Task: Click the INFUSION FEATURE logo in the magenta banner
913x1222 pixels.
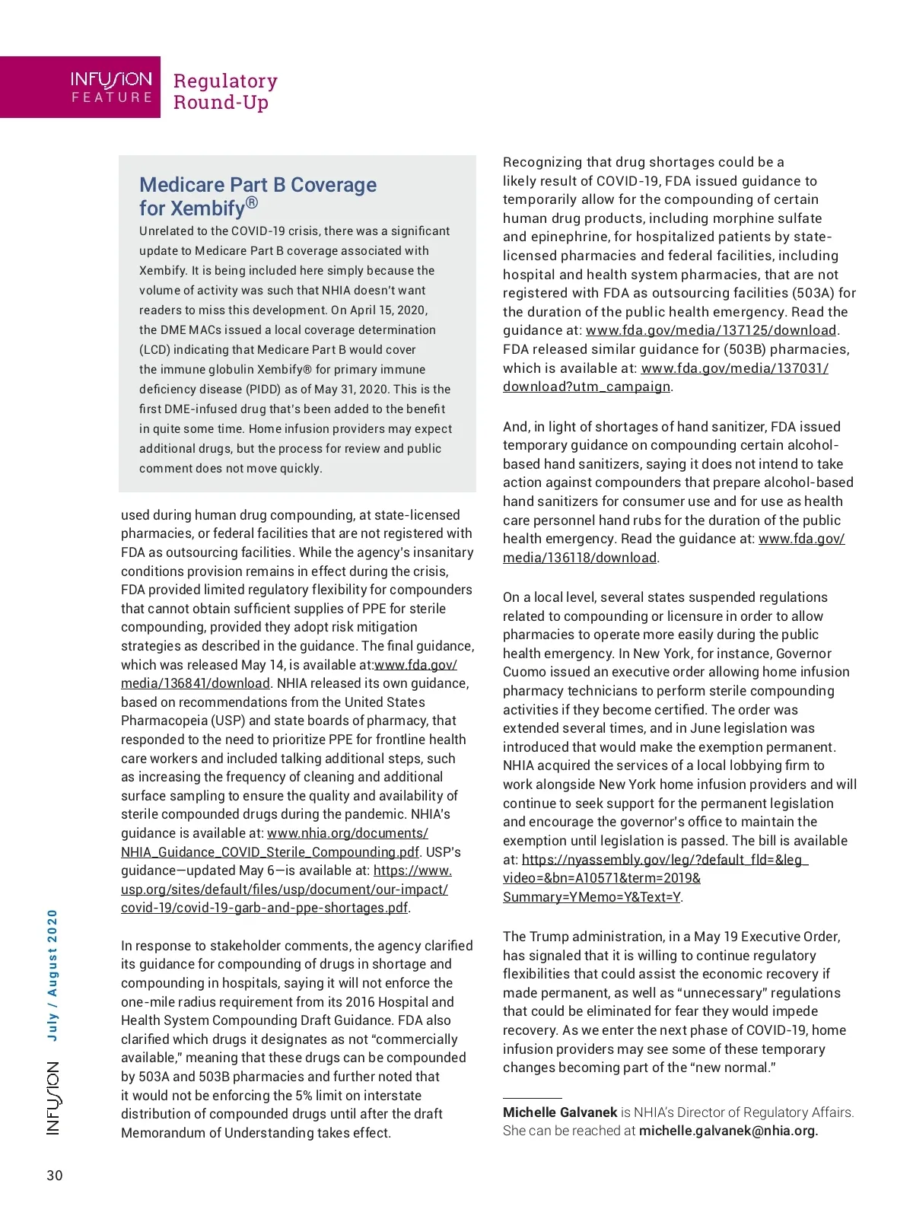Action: pyautogui.click(x=111, y=88)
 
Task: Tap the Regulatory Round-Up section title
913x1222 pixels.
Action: pyautogui.click(x=225, y=91)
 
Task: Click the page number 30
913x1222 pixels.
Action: pyautogui.click(x=55, y=1176)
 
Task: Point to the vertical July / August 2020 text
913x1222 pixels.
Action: pyautogui.click(x=52, y=975)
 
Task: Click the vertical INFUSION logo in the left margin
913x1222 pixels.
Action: pyautogui.click(x=52, y=1098)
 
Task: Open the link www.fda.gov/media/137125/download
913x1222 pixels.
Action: pyautogui.click(x=711, y=330)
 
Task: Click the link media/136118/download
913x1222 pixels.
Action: pyautogui.click(x=579, y=558)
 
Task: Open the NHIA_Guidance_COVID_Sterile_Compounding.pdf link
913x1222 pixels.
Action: pyautogui.click(x=269, y=852)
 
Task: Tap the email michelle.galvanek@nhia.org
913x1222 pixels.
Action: pyautogui.click(x=728, y=1131)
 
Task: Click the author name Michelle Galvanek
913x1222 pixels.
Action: pyautogui.click(x=560, y=1112)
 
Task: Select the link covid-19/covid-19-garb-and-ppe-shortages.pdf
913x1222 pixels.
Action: pyautogui.click(x=264, y=908)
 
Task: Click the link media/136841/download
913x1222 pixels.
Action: pyautogui.click(x=195, y=683)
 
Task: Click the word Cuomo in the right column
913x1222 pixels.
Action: pyautogui.click(x=523, y=672)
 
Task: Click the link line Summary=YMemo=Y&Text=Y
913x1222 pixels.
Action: pyautogui.click(x=591, y=897)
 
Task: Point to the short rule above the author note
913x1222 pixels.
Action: pyautogui.click(x=532, y=1098)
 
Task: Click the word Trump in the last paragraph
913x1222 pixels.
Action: pyautogui.click(x=548, y=937)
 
